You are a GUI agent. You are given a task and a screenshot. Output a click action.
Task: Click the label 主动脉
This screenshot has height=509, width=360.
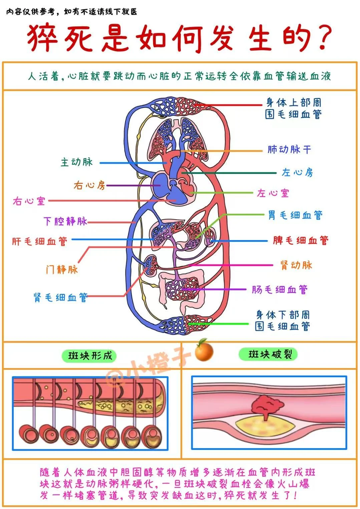coord(76,162)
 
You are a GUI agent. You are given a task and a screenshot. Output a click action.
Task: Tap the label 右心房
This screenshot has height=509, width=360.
coord(89,185)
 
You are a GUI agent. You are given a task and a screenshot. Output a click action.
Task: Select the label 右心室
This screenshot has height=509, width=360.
coord(29,201)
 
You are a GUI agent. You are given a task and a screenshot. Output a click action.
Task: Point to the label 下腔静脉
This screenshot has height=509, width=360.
coord(65,221)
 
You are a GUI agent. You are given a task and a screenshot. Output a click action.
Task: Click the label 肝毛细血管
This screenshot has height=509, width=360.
coord(39,241)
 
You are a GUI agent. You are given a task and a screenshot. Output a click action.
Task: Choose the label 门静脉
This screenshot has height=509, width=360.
coord(62,269)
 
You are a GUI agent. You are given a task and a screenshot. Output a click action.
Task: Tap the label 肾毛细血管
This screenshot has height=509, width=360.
coord(60,297)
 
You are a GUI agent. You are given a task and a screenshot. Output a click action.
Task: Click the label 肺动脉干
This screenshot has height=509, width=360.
coord(289,149)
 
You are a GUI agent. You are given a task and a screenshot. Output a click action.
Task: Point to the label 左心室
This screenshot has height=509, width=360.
coord(273,193)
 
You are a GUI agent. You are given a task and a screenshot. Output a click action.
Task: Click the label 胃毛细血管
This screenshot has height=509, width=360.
coord(295,215)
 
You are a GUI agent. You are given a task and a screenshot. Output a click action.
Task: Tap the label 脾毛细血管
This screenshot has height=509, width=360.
coord(301,240)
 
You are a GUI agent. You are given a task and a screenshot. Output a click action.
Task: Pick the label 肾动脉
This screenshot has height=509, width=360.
coord(296,265)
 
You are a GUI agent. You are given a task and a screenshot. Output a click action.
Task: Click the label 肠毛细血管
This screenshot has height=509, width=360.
coord(280,289)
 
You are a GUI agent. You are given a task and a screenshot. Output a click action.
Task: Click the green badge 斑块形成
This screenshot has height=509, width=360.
coord(90,356)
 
